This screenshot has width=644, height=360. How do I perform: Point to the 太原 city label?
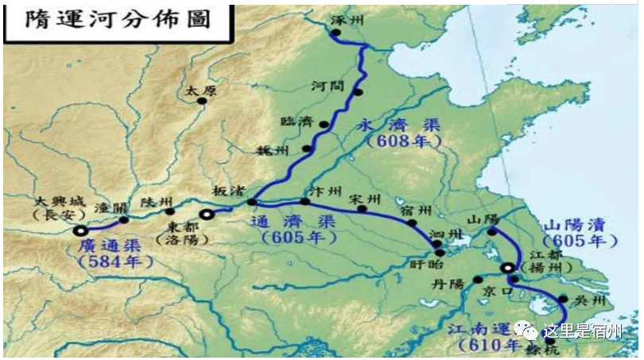pyautogui.click(x=200, y=91)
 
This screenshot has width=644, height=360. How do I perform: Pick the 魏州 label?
pyautogui.click(x=282, y=149)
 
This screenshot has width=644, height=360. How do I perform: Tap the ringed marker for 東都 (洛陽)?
pyautogui.click(x=207, y=213)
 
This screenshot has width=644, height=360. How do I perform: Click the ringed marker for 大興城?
pyautogui.click(x=80, y=231)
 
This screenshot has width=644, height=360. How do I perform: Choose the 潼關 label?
pyautogui.click(x=111, y=208)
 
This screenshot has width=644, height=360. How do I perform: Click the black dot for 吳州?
pyautogui.click(x=563, y=300)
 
